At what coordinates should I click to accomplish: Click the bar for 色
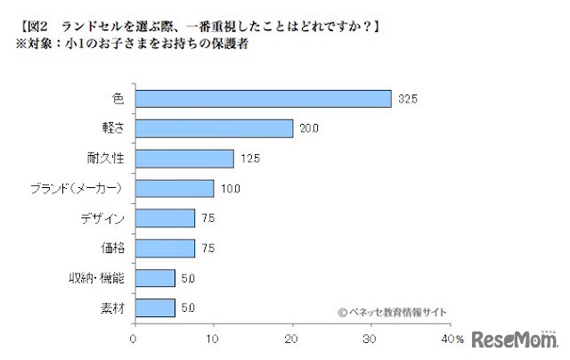262,98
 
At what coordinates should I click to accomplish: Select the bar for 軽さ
213,128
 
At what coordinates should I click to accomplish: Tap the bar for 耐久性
183,159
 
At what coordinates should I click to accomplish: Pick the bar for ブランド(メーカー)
174,188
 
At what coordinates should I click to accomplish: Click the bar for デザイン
164,218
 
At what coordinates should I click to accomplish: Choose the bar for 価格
164,248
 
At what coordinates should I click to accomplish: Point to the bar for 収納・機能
154,278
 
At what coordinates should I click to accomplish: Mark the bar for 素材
154,308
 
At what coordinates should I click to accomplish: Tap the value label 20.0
308,129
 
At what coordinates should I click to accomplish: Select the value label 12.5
248,160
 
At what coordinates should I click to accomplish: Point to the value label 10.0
229,189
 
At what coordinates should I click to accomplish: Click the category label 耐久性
110,159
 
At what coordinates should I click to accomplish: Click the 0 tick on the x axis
134,340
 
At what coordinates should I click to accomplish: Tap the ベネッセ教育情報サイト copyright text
392,311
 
